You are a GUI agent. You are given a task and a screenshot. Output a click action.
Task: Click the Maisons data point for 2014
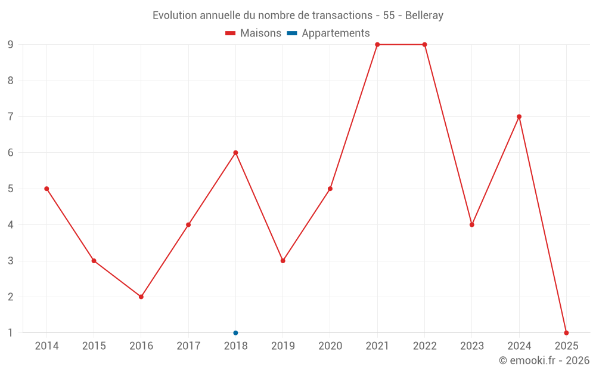[46, 189]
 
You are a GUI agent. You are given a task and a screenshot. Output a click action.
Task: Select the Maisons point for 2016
[141, 297]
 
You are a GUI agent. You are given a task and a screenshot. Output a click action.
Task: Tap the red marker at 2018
[235, 153]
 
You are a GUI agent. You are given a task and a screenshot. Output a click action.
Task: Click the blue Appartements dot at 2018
[235, 332]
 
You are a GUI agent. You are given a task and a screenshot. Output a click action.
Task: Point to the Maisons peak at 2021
[377, 45]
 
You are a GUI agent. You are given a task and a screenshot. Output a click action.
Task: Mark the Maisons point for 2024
[519, 116]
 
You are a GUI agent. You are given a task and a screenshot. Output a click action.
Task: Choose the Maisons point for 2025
[566, 332]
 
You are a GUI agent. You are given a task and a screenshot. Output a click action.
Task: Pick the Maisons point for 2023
[472, 224]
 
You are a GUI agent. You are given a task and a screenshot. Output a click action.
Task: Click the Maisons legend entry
[253, 33]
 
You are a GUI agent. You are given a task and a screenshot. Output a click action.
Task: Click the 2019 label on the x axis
[283, 346]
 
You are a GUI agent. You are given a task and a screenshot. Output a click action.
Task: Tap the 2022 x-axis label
[424, 346]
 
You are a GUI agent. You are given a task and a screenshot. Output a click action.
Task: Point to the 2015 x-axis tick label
[94, 346]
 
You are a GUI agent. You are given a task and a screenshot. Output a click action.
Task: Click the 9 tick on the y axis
[10, 45]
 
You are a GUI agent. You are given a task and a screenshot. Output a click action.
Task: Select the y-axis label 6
[10, 153]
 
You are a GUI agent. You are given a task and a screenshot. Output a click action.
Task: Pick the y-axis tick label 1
[10, 332]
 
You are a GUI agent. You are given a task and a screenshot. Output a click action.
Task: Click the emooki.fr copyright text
[544, 360]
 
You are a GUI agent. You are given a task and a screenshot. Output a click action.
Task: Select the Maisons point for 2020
[330, 189]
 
